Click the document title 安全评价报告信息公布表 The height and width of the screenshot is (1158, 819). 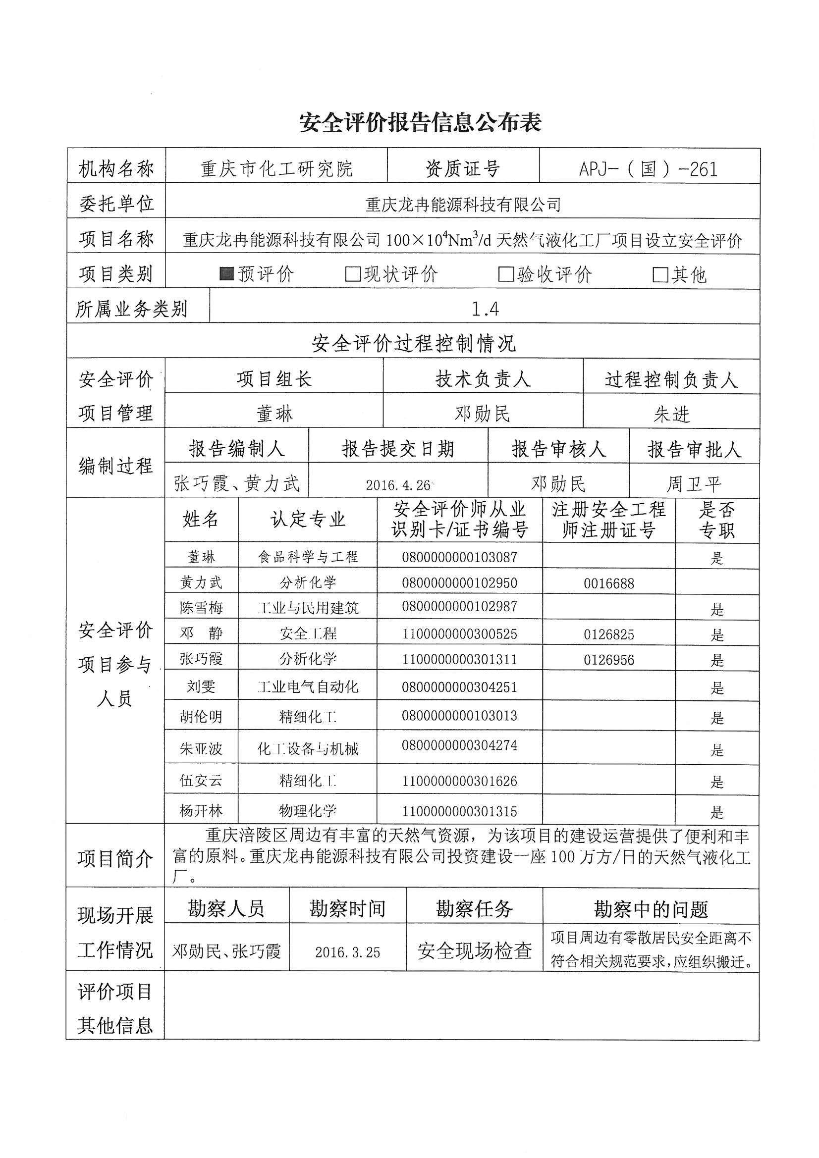click(x=420, y=122)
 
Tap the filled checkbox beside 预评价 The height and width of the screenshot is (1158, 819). click(x=226, y=274)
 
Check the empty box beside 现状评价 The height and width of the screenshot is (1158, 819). click(x=352, y=274)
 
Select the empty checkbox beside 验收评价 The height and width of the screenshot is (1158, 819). click(x=506, y=274)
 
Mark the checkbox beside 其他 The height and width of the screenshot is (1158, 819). click(x=660, y=275)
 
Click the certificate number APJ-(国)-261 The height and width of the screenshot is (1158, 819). click(x=649, y=169)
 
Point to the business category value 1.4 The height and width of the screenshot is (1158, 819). click(x=485, y=309)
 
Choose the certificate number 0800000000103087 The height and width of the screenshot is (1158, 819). click(x=459, y=557)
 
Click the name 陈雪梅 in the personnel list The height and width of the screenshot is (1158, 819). click(x=201, y=608)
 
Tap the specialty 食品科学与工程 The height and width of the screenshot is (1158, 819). click(x=308, y=557)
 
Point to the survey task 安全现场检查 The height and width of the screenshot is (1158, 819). click(x=474, y=951)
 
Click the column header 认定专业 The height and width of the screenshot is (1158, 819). click(x=308, y=520)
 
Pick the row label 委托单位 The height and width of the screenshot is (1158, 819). click(x=116, y=204)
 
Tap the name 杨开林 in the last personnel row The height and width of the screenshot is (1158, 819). click(x=201, y=811)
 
